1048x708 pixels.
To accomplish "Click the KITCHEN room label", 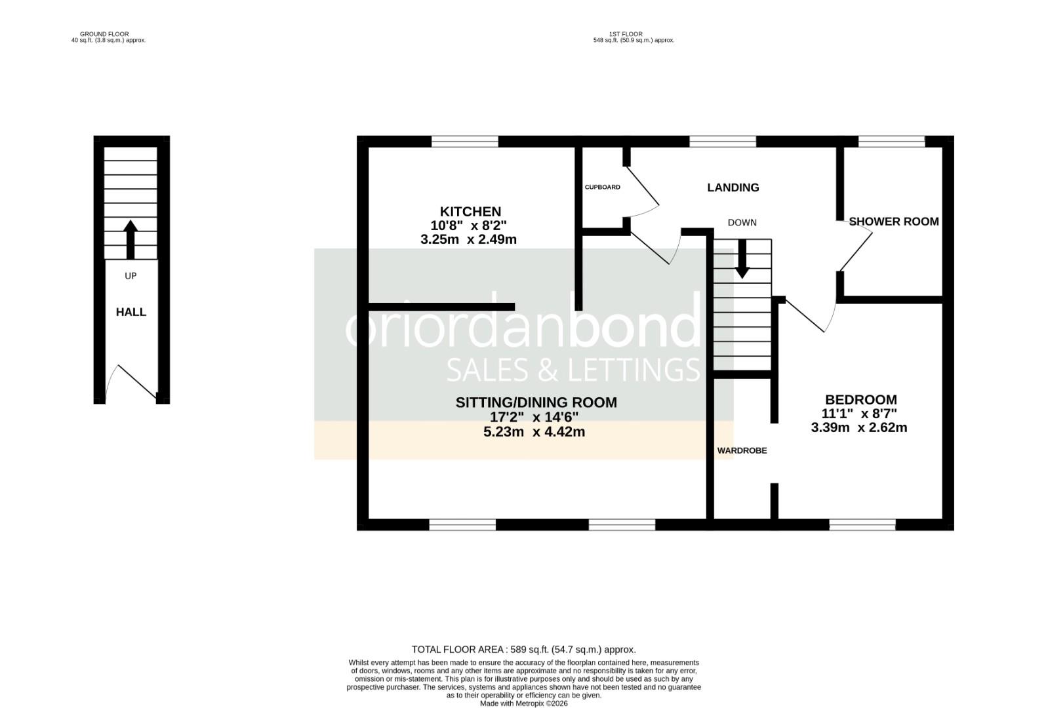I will tap(470, 212).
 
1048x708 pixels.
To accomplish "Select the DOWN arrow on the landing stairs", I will tap(742, 259).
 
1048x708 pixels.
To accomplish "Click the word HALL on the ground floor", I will tap(131, 312).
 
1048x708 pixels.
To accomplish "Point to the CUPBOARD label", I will tap(602, 187).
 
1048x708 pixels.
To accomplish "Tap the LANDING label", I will tap(733, 187).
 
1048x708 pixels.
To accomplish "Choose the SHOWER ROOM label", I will tap(893, 222).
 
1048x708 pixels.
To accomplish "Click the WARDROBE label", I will tap(742, 451).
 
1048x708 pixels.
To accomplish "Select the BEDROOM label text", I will tap(860, 400).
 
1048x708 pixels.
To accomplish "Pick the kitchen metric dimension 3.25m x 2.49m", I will tap(468, 240).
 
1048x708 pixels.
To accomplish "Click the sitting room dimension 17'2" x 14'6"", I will tap(534, 417).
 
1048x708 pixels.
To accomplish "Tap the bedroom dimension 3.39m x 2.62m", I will tap(858, 428).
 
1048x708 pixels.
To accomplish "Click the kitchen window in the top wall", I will tap(464, 141).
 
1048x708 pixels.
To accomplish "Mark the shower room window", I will tap(891, 141).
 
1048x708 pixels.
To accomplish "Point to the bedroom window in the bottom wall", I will tap(862, 524).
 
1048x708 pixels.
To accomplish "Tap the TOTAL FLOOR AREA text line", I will tap(523, 650).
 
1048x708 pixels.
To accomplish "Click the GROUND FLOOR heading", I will tap(104, 33).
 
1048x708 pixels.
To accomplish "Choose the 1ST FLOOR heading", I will tap(625, 33).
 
